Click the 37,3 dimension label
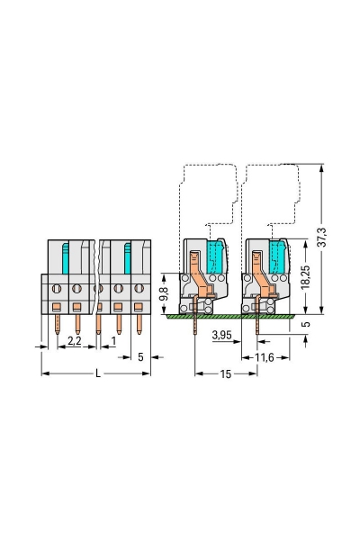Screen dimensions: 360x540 click(x=321, y=238)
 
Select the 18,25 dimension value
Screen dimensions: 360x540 click(x=305, y=277)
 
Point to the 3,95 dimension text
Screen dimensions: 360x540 click(x=222, y=335)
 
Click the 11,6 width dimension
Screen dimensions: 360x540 click(x=265, y=358)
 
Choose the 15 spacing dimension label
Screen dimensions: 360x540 click(x=226, y=374)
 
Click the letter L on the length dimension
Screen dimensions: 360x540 click(x=98, y=373)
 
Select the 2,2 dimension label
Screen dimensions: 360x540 click(x=74, y=341)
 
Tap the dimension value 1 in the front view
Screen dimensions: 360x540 click(x=113, y=341)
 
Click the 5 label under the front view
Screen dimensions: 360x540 click(x=140, y=357)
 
